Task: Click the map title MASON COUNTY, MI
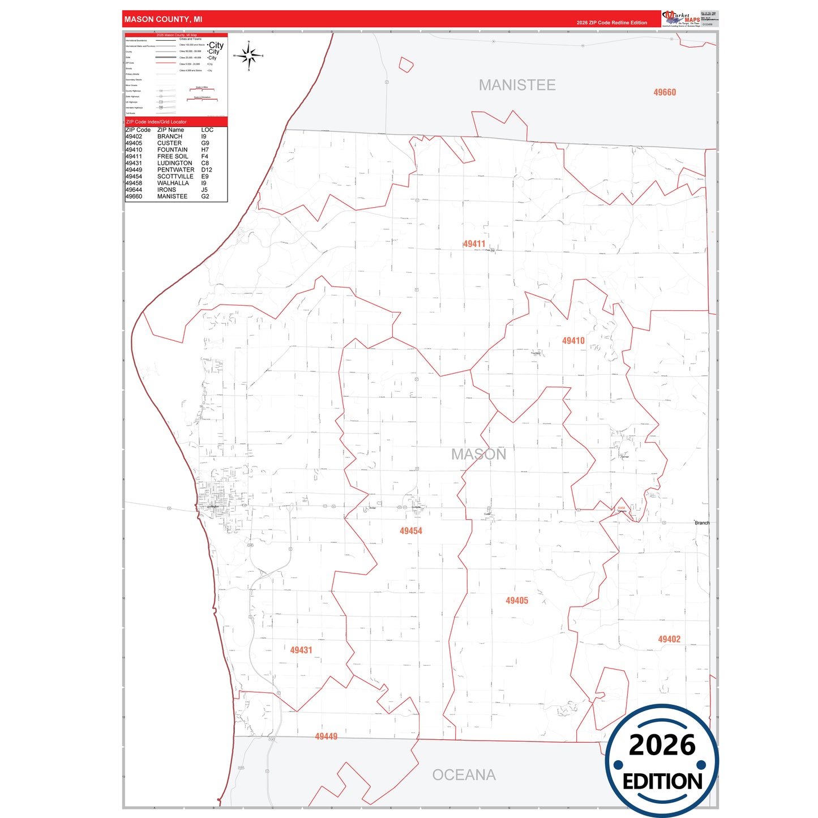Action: click(163, 19)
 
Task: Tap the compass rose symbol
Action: click(249, 55)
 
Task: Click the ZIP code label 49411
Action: click(474, 244)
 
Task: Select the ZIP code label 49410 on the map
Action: click(573, 341)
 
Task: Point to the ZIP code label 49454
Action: click(411, 531)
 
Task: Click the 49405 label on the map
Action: click(517, 601)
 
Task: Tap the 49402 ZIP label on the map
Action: click(669, 639)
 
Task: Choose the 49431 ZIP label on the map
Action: click(301, 650)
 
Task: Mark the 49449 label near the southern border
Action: click(326, 736)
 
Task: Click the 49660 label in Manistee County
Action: click(665, 92)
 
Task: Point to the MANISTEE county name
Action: click(517, 85)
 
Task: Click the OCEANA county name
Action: click(464, 775)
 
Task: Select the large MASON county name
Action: click(478, 454)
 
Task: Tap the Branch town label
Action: click(702, 523)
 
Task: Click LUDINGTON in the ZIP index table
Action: click(174, 163)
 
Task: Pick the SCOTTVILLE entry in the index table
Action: click(175, 177)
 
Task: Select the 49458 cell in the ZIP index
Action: click(134, 183)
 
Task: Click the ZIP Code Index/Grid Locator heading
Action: click(156, 122)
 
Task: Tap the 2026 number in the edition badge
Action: click(662, 745)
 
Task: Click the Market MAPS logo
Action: click(681, 19)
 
